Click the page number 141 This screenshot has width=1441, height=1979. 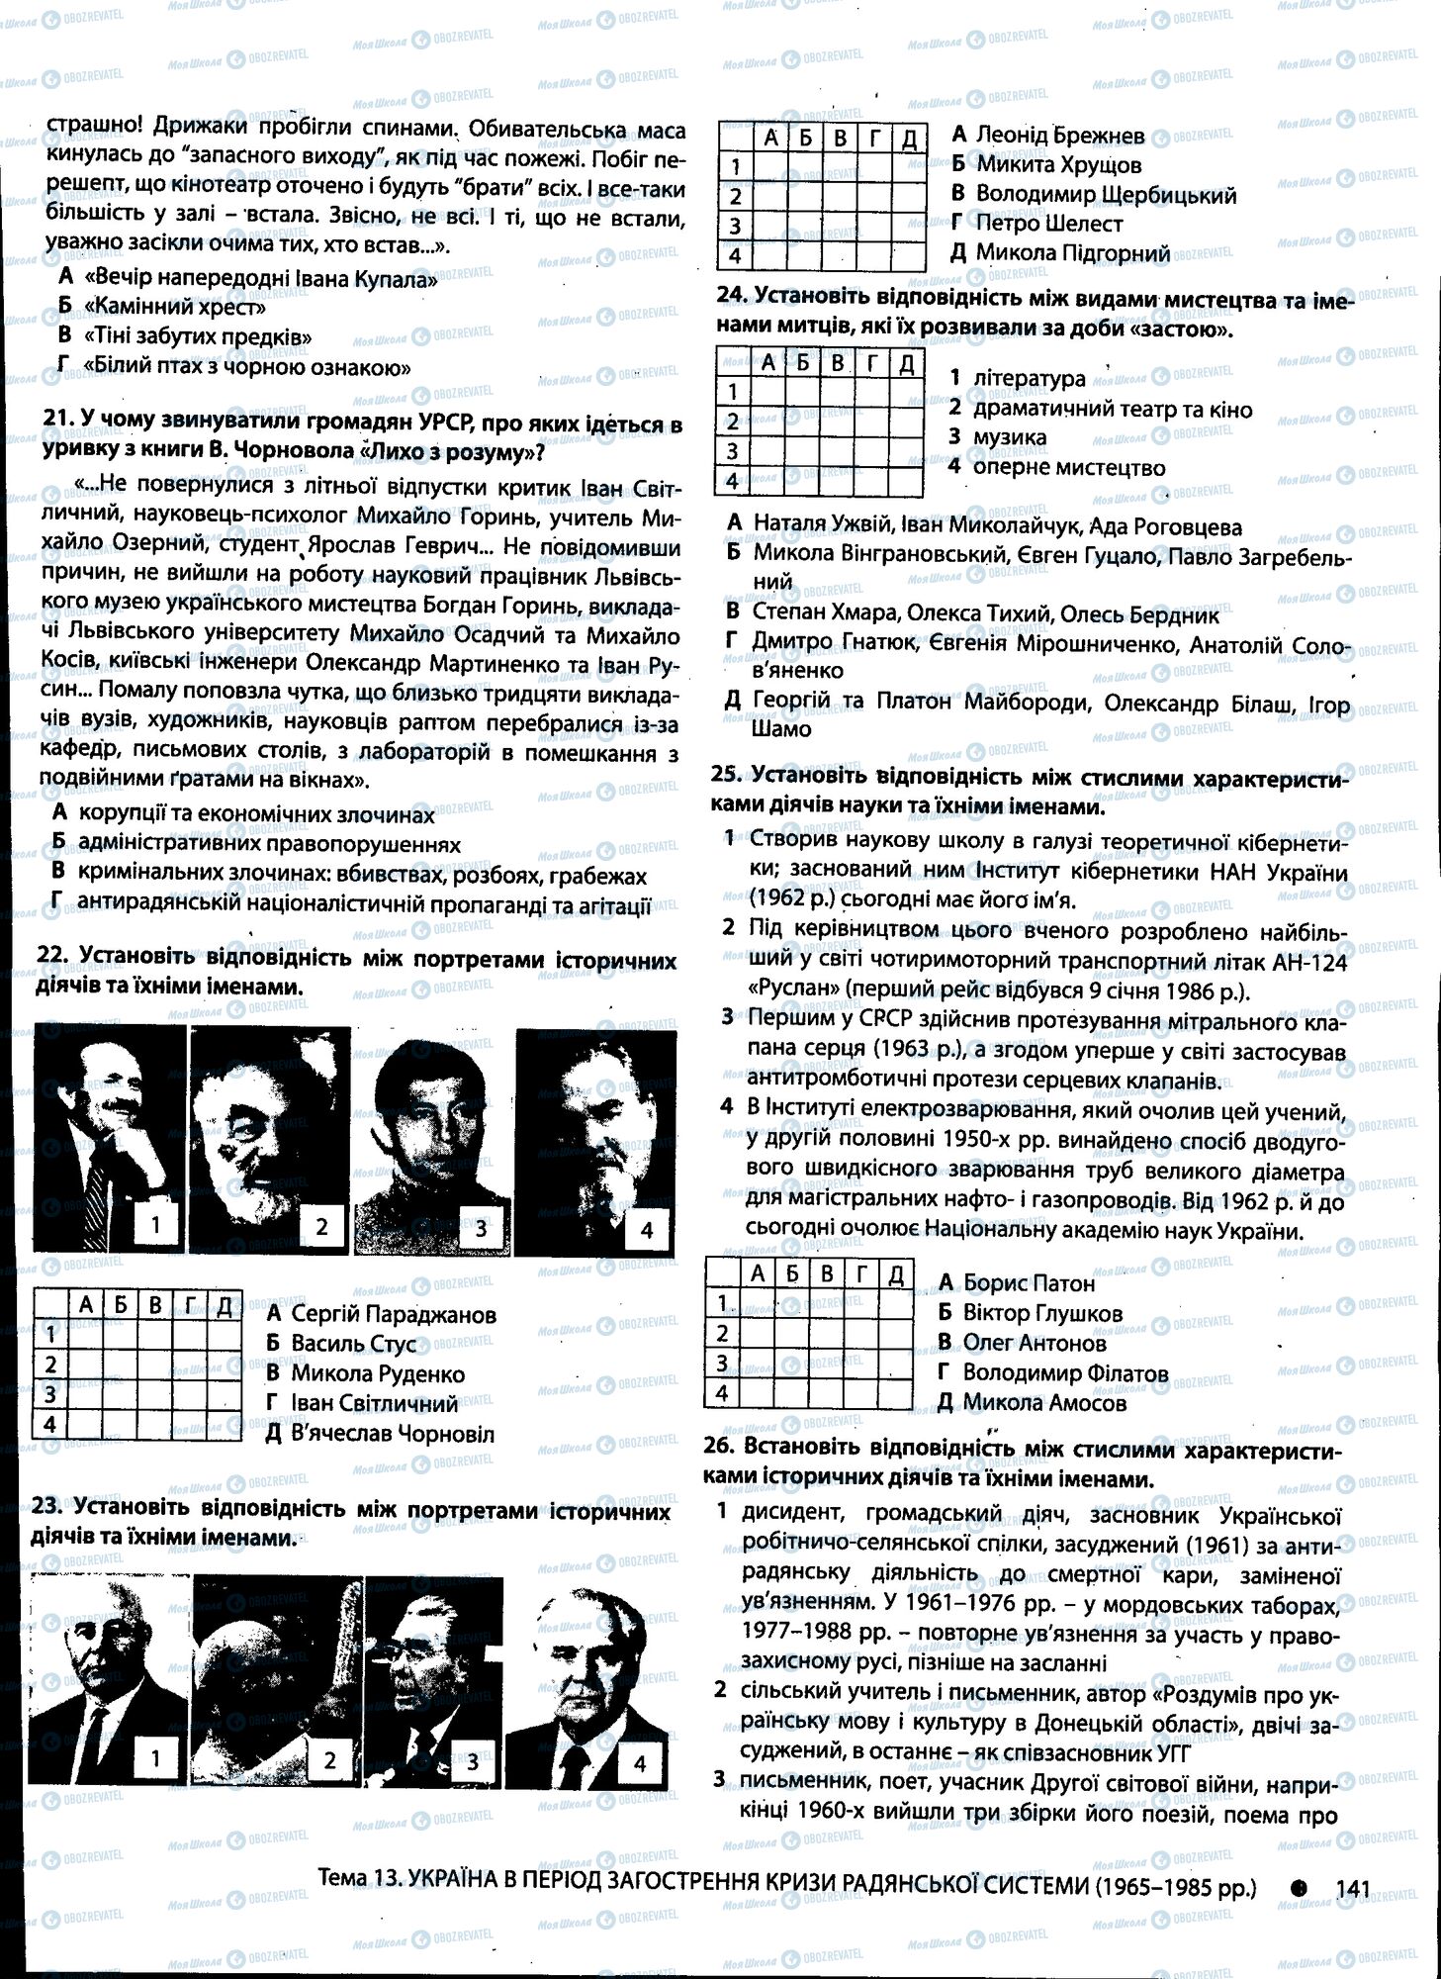[1352, 1888]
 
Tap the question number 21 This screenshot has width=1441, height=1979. [58, 423]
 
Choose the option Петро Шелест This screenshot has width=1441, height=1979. [1048, 224]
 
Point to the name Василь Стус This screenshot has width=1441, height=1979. [353, 1344]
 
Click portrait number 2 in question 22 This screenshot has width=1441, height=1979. [269, 1138]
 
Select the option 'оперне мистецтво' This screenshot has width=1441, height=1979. [1068, 467]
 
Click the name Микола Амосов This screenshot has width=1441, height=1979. [1044, 1402]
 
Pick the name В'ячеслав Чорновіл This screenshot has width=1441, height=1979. [393, 1433]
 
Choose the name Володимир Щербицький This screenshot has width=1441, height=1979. [1105, 194]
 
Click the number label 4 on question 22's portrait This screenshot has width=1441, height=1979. [647, 1230]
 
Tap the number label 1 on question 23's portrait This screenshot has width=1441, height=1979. [154, 1758]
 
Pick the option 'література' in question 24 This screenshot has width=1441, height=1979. [1029, 378]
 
